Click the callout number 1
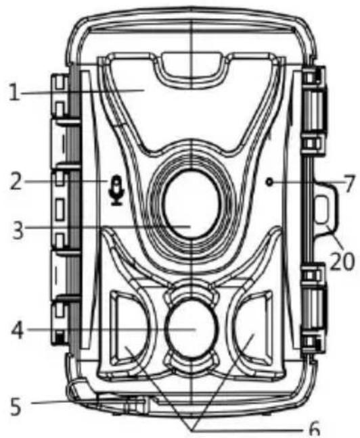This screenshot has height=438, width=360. coord(14,93)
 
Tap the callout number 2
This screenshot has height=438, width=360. coord(16,181)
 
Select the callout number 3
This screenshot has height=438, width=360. coord(18,229)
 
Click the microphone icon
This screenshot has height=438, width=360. coord(116,191)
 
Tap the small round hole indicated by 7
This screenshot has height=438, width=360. coord(270,182)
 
